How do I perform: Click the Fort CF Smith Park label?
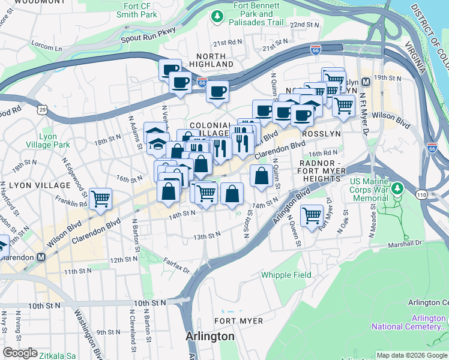pos(137,10)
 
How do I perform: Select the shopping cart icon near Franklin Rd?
pos(100,198)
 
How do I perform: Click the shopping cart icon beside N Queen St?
pos(312,215)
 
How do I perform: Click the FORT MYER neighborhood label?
pos(238,321)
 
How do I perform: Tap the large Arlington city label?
pos(210,336)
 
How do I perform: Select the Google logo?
pos(20,353)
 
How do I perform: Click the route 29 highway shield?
pos(41,109)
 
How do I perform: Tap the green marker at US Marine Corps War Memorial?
pos(397,189)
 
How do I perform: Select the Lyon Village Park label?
pos(48,140)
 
